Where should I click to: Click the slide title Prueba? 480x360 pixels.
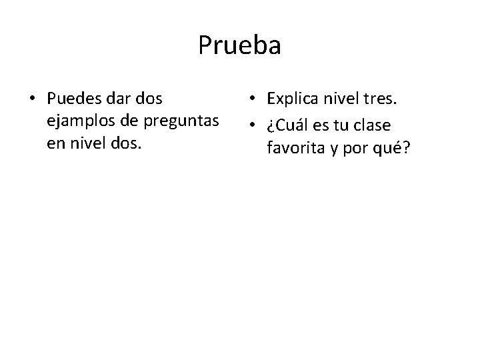click(239, 45)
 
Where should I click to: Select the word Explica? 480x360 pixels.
click(295, 99)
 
